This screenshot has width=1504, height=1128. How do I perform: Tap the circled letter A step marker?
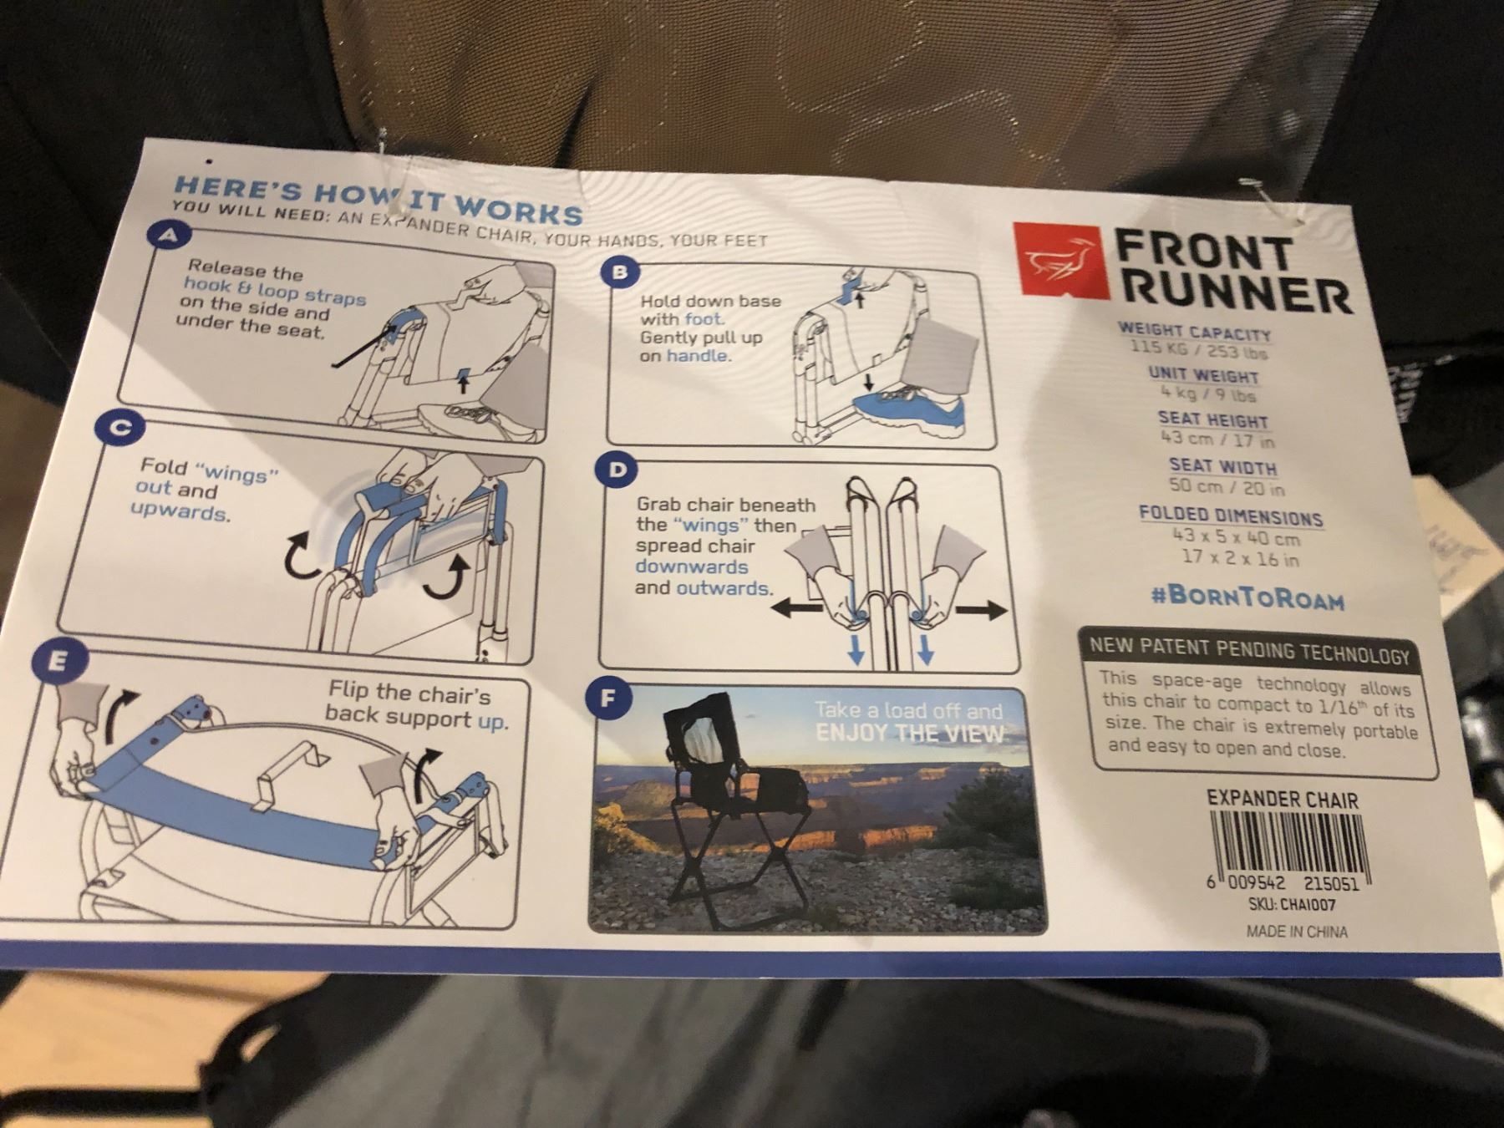(x=170, y=236)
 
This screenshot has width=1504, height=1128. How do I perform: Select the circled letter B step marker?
(x=619, y=272)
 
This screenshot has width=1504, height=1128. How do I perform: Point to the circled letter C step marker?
(x=120, y=428)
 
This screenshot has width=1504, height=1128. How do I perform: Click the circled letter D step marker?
(x=617, y=470)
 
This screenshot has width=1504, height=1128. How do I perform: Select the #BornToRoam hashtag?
(x=1247, y=597)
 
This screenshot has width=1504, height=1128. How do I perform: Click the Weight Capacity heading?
(x=1194, y=332)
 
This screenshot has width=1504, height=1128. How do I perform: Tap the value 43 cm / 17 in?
(x=1217, y=438)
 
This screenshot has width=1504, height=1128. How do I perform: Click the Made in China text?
(x=1297, y=931)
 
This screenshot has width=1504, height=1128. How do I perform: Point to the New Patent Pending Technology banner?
(x=1249, y=648)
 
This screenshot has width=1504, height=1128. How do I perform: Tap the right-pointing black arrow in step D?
(x=981, y=611)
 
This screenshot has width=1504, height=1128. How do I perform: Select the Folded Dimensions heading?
(x=1231, y=514)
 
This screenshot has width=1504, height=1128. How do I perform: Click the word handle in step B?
(x=698, y=356)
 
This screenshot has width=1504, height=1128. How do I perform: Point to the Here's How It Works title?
(x=378, y=198)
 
